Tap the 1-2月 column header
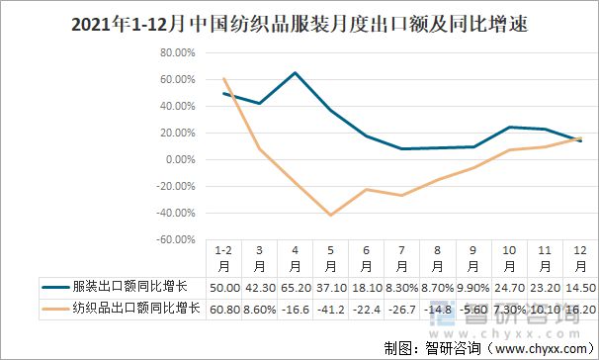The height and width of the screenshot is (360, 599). coord(224,260)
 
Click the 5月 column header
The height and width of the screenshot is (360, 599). coord(331,260)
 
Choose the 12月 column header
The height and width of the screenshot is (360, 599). coord(579,260)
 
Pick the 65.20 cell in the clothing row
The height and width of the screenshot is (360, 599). coord(296,287)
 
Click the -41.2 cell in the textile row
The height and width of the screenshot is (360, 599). coord(331,309)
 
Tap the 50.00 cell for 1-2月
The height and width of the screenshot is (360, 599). coord(224,287)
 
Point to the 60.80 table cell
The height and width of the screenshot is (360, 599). coord(224,309)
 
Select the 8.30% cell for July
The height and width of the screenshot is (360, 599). coord(402,287)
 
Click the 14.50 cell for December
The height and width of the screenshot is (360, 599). coord(579,287)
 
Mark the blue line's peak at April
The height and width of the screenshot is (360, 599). coord(296,72)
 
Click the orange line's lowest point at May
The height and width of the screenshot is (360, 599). coord(331,215)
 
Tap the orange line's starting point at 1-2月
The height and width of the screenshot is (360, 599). coord(224,78)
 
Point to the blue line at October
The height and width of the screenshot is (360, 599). coord(509,127)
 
